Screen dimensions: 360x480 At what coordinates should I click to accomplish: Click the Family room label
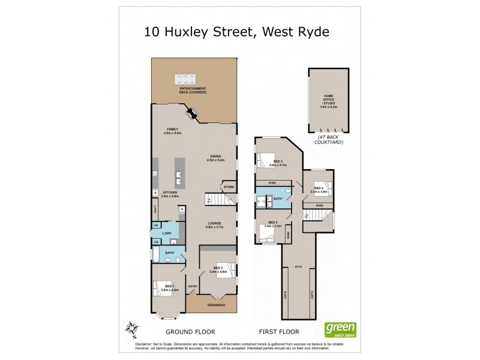173,131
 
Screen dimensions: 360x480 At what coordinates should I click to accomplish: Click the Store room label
229,188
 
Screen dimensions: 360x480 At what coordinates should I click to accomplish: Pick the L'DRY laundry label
167,232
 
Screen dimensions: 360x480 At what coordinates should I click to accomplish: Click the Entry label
193,286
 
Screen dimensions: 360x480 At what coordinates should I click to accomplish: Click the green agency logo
340,329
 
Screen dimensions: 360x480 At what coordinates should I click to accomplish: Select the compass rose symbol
134,328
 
